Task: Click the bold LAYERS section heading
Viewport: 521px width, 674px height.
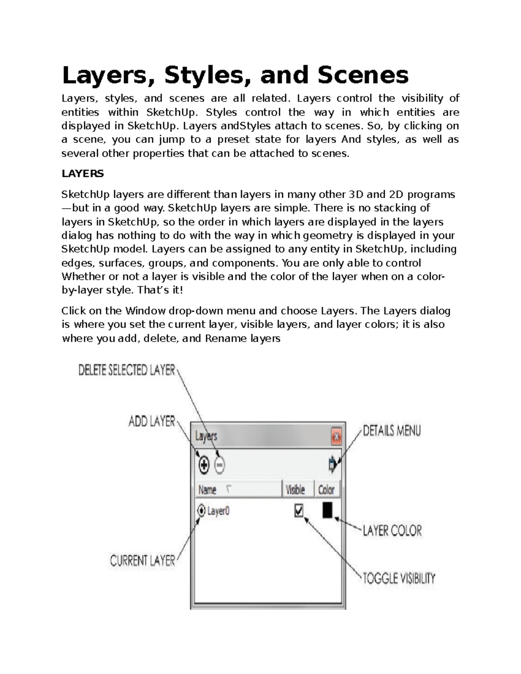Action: pos(82,174)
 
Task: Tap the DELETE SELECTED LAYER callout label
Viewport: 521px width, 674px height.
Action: pos(127,370)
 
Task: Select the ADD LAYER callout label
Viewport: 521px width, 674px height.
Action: pos(152,421)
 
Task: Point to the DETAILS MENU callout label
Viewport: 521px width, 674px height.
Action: pos(392,431)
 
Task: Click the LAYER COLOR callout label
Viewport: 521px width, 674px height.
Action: pos(392,530)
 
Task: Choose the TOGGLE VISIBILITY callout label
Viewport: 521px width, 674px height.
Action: pos(399,579)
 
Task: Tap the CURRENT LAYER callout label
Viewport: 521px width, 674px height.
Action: pos(142,561)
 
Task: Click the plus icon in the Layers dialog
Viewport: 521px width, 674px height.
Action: pos(204,465)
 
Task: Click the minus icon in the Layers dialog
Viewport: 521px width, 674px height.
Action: pos(220,466)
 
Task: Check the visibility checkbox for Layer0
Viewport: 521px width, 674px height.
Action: pos(299,510)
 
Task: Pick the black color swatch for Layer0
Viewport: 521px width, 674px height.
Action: pos(327,510)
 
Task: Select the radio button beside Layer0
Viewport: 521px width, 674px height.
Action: pos(201,511)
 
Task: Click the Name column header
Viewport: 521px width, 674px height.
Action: pos(208,490)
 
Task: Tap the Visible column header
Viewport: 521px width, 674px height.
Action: pos(295,490)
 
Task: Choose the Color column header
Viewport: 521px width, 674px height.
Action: pos(326,490)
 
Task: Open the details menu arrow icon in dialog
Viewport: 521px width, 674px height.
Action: pos(333,465)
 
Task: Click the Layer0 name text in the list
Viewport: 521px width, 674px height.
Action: pos(218,511)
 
